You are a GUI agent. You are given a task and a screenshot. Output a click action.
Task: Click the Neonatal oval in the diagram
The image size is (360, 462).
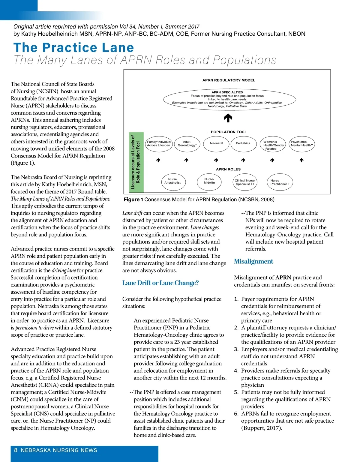(216, 143)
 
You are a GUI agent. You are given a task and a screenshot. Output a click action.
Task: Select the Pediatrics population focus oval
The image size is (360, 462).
(243, 143)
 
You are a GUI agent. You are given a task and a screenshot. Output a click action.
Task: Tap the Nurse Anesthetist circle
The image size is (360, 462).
(172, 181)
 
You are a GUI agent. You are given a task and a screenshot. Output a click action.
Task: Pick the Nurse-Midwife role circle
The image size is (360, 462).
(209, 181)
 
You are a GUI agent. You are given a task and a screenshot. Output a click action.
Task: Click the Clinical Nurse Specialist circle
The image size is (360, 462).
(244, 182)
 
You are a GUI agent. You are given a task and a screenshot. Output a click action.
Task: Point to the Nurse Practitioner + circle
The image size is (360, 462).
(280, 182)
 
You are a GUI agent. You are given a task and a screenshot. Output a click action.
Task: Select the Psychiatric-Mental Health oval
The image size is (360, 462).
(302, 144)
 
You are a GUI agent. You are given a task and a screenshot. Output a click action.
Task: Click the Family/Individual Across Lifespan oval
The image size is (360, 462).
(158, 144)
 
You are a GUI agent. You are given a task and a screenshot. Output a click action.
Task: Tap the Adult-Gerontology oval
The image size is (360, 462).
(187, 144)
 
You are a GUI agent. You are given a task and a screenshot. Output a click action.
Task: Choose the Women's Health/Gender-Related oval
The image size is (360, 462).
(272, 144)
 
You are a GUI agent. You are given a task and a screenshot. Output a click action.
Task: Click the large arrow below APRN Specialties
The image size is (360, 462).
(228, 118)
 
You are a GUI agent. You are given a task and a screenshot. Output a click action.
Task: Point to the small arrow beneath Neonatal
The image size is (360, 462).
(216, 160)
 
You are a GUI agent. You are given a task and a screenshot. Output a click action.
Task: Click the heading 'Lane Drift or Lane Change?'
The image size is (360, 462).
(160, 283)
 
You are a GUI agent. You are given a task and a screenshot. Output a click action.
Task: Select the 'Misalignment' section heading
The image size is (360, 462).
(253, 261)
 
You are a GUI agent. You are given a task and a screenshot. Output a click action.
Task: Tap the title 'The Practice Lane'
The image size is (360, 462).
(74, 48)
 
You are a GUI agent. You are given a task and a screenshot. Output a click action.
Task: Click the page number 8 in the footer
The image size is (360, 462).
(16, 450)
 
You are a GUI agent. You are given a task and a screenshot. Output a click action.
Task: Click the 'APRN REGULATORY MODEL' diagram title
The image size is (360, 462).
(229, 80)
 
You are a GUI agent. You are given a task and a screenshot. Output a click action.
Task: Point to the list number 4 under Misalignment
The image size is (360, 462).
(236, 371)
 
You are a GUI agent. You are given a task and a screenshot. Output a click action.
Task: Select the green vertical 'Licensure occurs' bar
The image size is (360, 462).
(136, 162)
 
